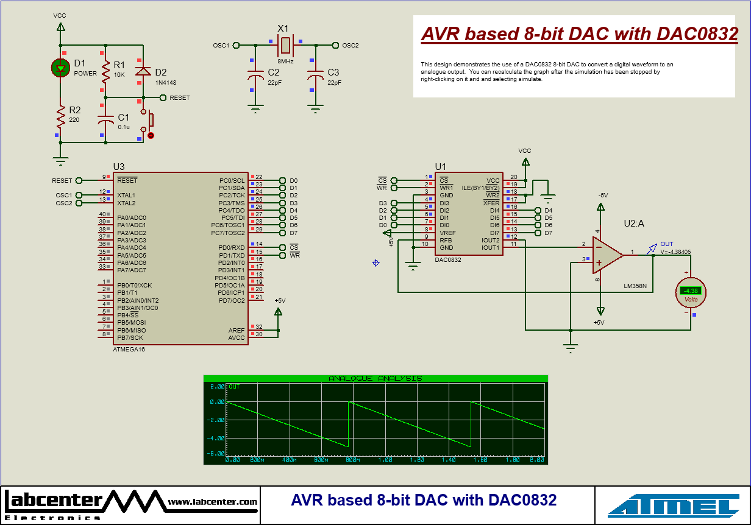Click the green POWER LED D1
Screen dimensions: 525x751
pos(60,68)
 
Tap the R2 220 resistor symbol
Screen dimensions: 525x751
pos(60,114)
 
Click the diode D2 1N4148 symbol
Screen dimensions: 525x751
pos(143,71)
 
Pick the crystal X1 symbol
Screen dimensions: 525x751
pos(285,44)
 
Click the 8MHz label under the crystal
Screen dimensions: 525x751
pos(285,62)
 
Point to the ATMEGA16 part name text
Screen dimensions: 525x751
pos(129,350)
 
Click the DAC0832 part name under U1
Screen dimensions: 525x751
pos(448,259)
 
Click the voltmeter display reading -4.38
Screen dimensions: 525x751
pos(691,291)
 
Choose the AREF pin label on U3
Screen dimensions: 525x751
pos(236,330)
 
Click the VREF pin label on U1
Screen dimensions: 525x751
pos(447,233)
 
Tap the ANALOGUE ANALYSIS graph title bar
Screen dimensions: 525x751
pos(375,378)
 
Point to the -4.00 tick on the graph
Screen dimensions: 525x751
pos(217,438)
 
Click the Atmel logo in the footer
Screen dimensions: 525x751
pos(673,506)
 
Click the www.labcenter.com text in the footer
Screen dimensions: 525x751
pos(213,502)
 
